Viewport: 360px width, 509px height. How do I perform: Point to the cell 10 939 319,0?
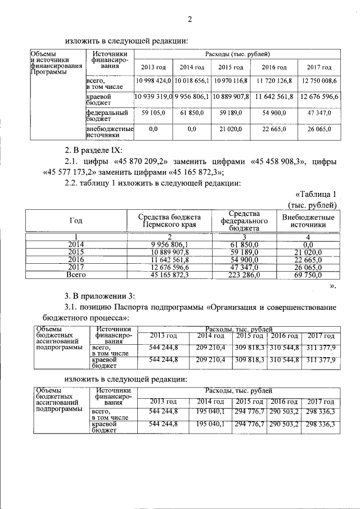pos(153,97)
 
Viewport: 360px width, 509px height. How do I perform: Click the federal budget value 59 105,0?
pos(153,113)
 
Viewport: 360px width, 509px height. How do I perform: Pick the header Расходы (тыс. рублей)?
pos(236,54)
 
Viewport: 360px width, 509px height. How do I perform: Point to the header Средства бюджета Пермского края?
pos(169,220)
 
